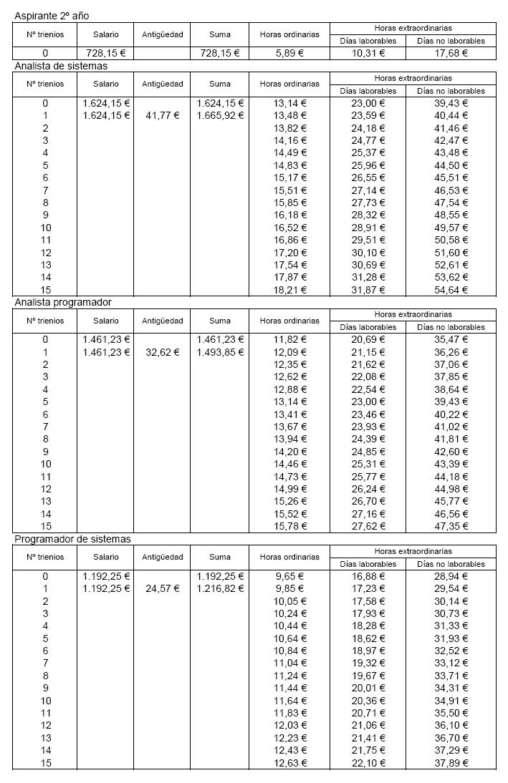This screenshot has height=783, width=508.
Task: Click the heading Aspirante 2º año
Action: click(x=52, y=15)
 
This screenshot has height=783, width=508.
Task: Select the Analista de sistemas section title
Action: click(x=61, y=66)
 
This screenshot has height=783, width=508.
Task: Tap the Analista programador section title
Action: click(x=62, y=302)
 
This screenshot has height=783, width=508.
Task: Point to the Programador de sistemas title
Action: click(x=72, y=539)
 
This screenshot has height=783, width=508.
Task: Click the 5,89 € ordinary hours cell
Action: click(x=289, y=53)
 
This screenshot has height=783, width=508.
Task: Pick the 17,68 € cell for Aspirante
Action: click(x=450, y=53)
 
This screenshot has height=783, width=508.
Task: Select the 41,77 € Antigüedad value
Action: click(x=162, y=115)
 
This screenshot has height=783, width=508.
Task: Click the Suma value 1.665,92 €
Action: click(x=220, y=115)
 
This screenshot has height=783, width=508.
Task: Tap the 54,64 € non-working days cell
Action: click(x=450, y=290)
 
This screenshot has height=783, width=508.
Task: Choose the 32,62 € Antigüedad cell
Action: click(x=162, y=352)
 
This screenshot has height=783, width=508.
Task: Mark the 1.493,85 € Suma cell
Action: click(x=220, y=352)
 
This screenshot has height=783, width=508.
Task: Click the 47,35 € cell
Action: click(x=450, y=526)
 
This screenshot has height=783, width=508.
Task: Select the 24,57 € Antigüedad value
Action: click(x=162, y=588)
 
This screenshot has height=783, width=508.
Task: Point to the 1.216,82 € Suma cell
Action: click(x=220, y=588)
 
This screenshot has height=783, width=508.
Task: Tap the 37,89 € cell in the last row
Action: click(x=450, y=763)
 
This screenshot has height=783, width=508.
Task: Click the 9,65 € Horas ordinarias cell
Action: click(x=289, y=576)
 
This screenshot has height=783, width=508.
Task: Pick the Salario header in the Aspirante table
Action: click(x=106, y=34)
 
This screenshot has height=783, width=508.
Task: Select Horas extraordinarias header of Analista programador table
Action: click(x=413, y=314)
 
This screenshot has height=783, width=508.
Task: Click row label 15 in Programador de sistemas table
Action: click(x=45, y=763)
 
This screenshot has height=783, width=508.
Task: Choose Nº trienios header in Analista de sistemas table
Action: click(x=45, y=84)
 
